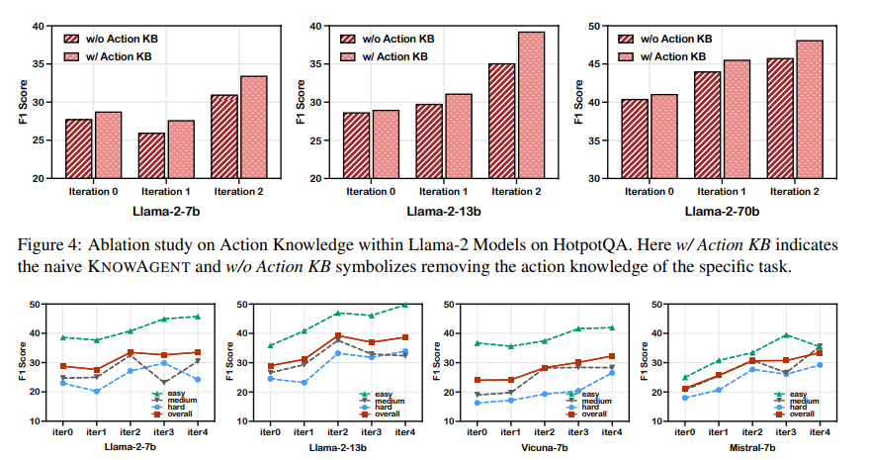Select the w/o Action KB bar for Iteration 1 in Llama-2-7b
151,155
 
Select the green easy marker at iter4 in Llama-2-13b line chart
403,305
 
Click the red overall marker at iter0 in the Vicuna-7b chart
478,380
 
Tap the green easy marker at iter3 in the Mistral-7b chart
786,335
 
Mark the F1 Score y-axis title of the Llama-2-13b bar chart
301,103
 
